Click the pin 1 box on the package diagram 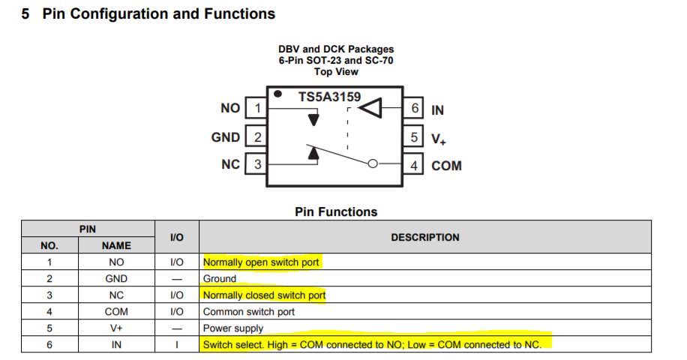point(256,108)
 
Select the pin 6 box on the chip point(412,108)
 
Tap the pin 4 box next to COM point(412,164)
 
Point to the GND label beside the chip point(226,137)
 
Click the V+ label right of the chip point(439,139)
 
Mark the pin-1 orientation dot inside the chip point(277,94)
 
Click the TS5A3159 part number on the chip point(329,96)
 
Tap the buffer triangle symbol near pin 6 point(370,108)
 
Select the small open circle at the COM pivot point(373,163)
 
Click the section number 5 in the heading point(25,13)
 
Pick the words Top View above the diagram point(336,72)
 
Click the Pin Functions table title point(336,212)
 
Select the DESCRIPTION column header point(425,237)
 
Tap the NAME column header point(116,246)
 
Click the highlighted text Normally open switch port point(261,262)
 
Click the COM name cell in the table point(116,312)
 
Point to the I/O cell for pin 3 point(176,295)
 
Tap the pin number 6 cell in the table point(49,345)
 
